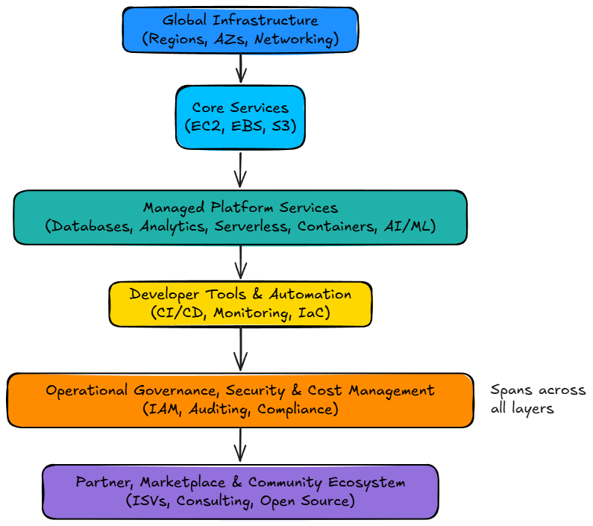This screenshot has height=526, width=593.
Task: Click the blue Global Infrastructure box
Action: tap(240, 30)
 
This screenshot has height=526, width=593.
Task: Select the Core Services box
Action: tap(240, 117)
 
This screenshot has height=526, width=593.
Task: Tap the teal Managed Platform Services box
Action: tap(240, 217)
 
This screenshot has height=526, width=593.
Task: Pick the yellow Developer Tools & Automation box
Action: tap(240, 304)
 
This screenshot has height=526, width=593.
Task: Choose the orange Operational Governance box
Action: tap(240, 400)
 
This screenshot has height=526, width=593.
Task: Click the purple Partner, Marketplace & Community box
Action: tap(240, 492)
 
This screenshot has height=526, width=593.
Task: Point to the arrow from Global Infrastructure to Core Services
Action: tap(240, 68)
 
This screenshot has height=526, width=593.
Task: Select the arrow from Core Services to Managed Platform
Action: tap(240, 169)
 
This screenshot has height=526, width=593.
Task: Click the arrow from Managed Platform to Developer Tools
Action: tap(240, 262)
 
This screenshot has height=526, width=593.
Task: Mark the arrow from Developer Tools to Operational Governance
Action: tap(240, 349)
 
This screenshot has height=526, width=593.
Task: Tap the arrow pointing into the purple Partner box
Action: tap(240, 445)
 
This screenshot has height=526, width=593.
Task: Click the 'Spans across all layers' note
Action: tap(537, 400)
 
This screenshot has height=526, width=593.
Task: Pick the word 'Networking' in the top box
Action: tap(297, 40)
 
